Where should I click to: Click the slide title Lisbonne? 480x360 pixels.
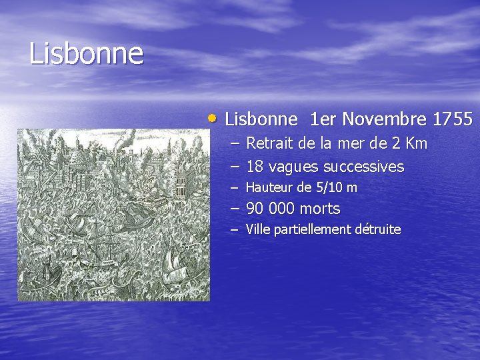pos(86,54)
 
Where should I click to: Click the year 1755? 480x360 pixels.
pos(453,120)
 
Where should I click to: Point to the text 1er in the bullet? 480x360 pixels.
pos(323,120)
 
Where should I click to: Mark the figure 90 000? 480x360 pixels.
pos(271,209)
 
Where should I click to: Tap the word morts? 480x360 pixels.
pos(320,209)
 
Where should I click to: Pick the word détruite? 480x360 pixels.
pos(377,230)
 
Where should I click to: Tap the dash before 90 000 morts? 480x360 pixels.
pos(234,209)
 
